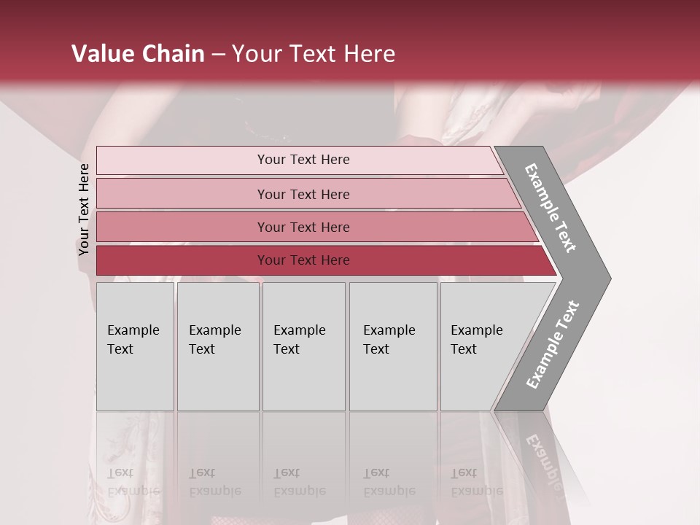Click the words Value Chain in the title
point(138,54)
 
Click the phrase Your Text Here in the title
point(314,54)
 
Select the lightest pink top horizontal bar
point(182,160)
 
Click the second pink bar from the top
point(182,194)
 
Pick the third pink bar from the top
point(182,227)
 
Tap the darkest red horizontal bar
point(182,260)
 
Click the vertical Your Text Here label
point(84,209)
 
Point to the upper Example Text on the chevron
point(551,208)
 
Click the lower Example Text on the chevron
point(553,345)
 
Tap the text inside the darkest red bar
point(303,260)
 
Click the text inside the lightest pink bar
point(303,160)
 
